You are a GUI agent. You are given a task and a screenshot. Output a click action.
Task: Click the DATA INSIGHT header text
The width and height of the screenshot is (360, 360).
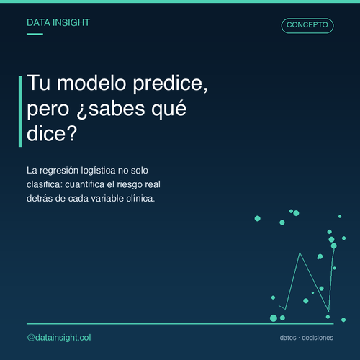coord(58,22)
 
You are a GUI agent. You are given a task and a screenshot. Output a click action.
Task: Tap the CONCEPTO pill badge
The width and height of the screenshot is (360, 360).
coord(307,25)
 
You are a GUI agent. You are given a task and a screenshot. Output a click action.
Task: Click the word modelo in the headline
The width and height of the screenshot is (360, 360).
coord(91,83)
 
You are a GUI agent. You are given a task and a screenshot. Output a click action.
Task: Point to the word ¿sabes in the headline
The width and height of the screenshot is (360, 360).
coord(111,110)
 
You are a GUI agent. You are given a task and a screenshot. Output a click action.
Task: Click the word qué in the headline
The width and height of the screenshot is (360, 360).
coord(168,110)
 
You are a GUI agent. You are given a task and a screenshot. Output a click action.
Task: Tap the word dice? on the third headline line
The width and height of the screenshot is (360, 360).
coord(52,133)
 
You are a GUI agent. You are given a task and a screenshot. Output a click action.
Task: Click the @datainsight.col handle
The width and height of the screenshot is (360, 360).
coord(59,338)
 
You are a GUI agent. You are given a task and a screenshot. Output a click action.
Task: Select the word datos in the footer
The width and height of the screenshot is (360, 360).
coord(288,338)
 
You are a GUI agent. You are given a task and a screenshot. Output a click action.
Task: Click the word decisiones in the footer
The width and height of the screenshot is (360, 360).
coord(318,338)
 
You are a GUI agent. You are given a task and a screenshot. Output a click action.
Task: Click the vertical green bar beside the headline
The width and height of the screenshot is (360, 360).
coord(20,112)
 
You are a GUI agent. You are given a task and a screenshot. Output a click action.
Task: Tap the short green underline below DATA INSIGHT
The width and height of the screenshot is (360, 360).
coord(35,34)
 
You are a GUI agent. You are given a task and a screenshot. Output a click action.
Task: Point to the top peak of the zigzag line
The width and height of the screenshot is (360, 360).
coord(300,253)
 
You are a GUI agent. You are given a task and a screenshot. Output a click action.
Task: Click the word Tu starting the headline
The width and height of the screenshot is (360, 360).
coord(39,83)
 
